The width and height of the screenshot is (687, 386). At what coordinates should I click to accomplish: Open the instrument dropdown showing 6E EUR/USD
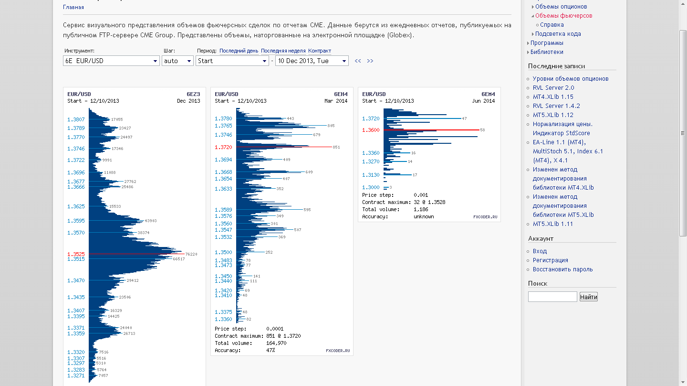click(x=111, y=61)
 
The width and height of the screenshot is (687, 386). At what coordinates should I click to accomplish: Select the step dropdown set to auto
click(x=177, y=61)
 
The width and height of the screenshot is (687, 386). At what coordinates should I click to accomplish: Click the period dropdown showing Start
click(x=232, y=61)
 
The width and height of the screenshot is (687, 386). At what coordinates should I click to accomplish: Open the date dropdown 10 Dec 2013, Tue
click(x=312, y=61)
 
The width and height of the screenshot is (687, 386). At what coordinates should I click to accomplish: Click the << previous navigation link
click(x=358, y=61)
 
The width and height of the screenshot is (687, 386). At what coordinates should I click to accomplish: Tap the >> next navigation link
click(x=370, y=61)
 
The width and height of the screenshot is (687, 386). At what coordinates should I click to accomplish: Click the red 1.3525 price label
click(x=76, y=254)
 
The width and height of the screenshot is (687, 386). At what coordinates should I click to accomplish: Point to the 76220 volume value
click(x=191, y=254)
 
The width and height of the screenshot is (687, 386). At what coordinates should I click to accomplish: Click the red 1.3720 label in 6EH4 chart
click(x=223, y=147)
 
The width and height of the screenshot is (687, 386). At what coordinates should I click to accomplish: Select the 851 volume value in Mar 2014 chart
click(x=336, y=147)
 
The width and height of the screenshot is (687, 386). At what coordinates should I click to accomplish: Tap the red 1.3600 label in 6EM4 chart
click(x=371, y=130)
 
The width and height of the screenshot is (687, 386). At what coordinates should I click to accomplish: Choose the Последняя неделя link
click(x=283, y=51)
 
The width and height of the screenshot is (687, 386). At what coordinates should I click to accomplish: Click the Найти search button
click(x=588, y=297)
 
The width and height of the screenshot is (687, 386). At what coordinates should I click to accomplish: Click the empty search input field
click(x=552, y=297)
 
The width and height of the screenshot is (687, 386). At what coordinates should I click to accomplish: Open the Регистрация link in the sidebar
click(x=550, y=260)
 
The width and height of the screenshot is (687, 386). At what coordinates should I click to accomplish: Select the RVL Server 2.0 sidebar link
click(x=553, y=88)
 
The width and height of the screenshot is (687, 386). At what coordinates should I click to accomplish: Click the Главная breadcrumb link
click(x=73, y=8)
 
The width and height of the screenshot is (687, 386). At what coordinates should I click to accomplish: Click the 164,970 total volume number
click(x=276, y=343)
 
